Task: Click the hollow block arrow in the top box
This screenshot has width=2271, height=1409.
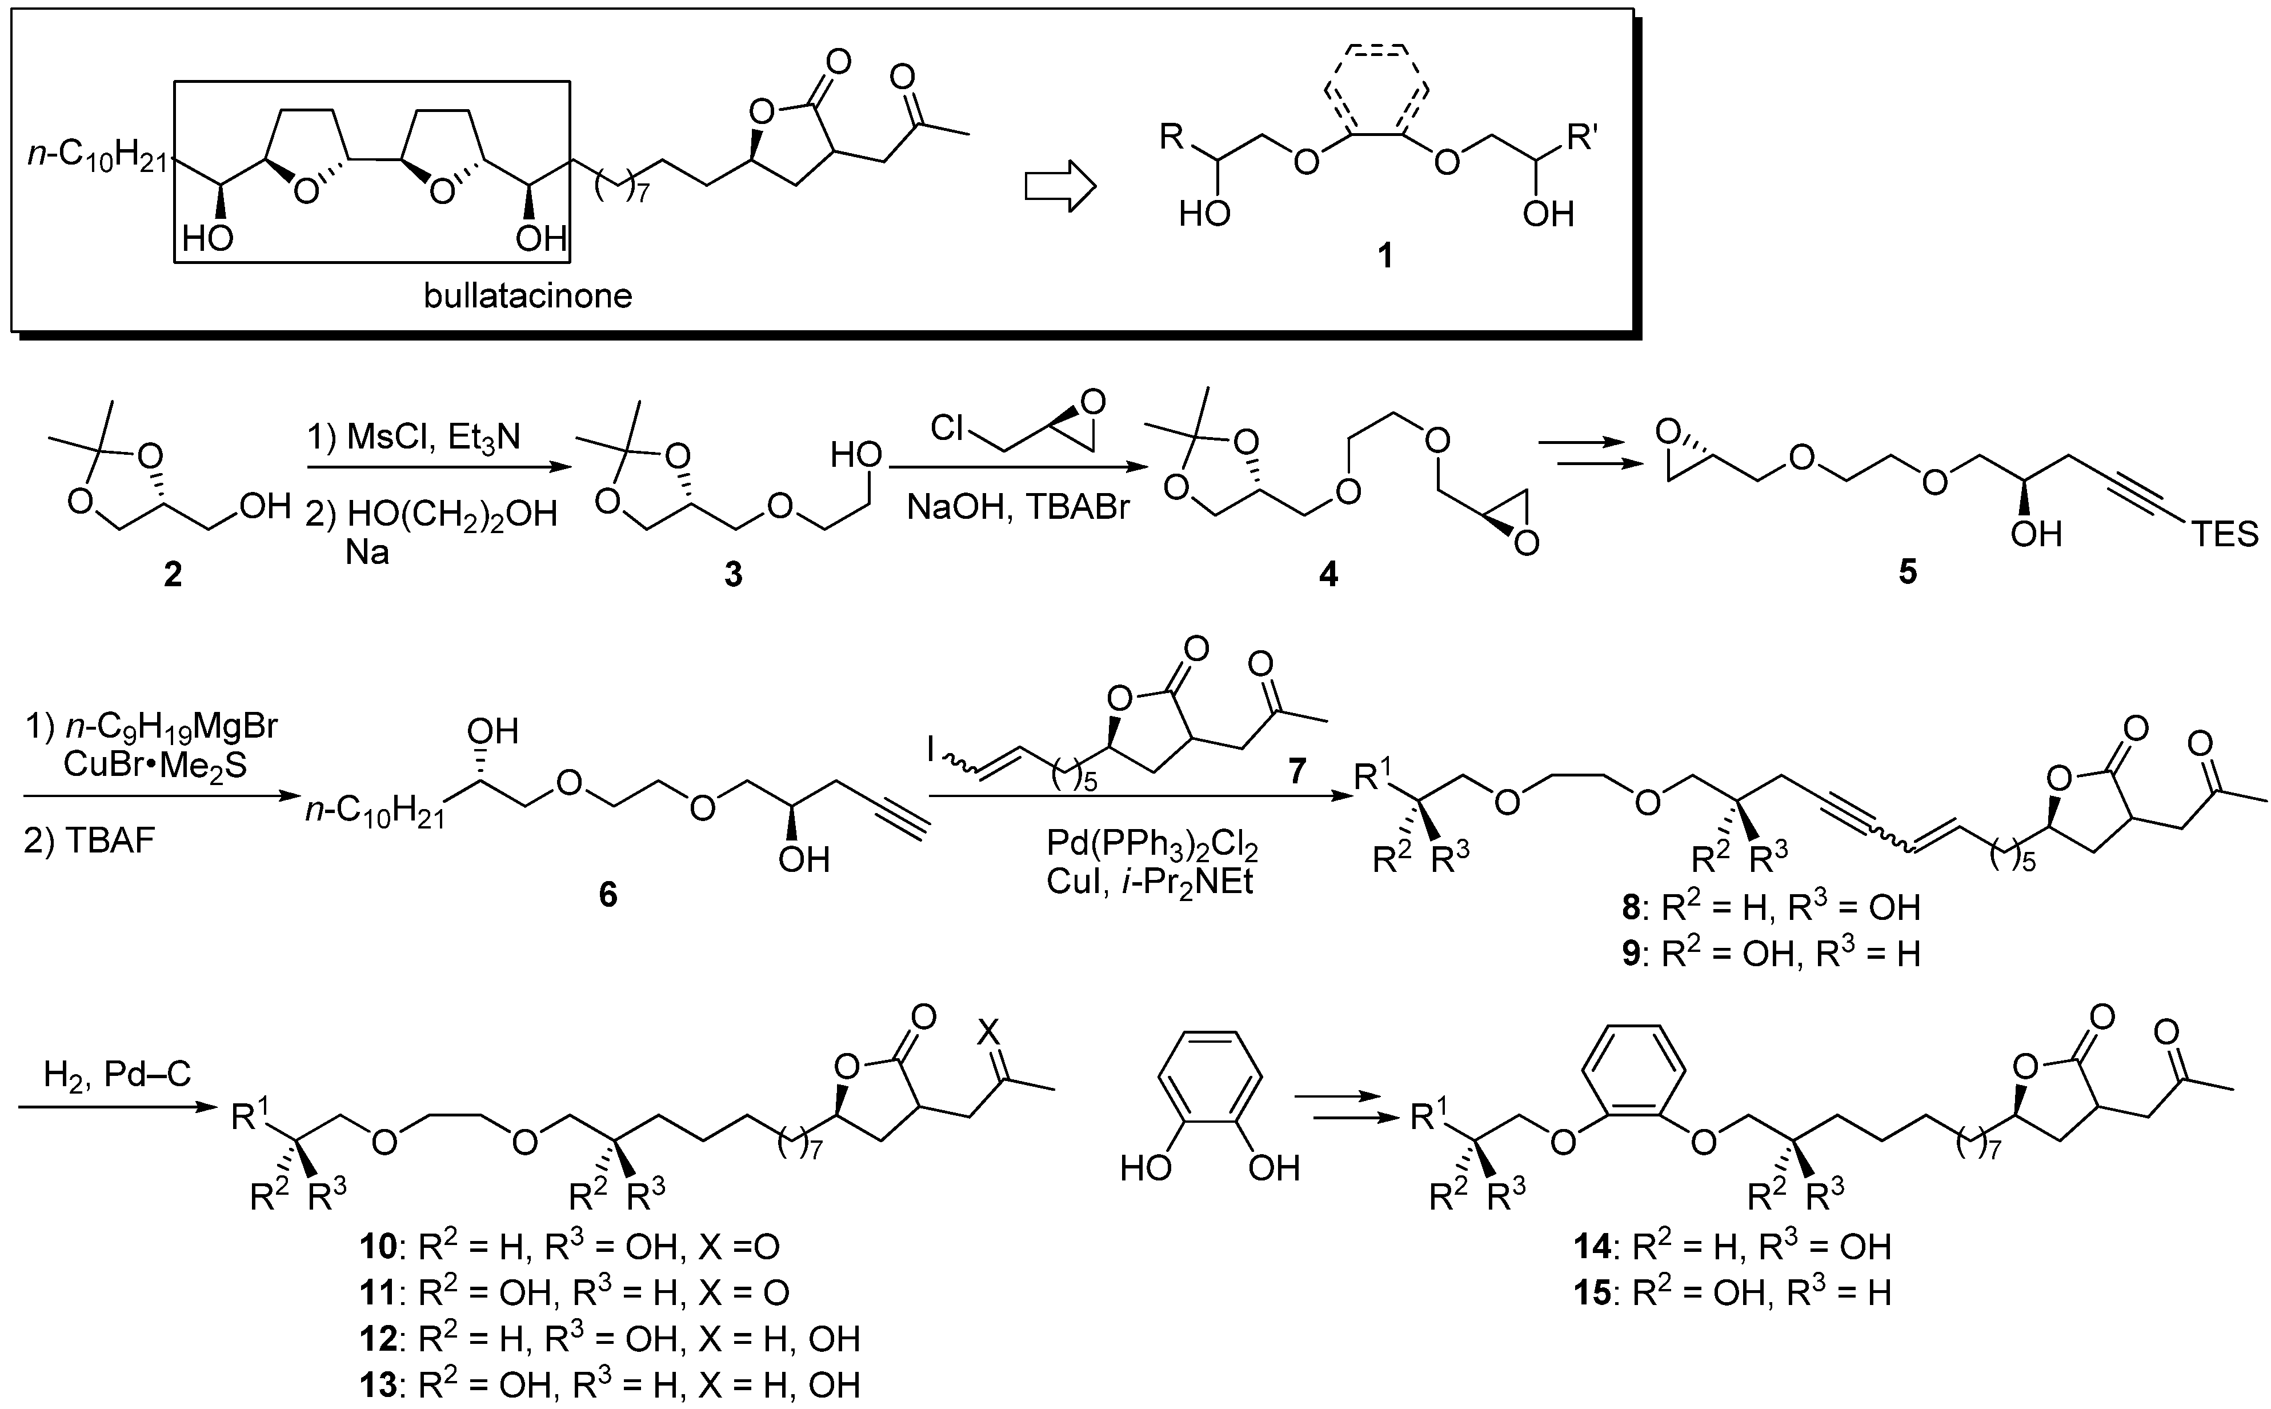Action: (x=1059, y=186)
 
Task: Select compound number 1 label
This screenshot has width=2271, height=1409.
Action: (x=1385, y=254)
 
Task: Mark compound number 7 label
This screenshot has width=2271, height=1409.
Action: (x=1297, y=770)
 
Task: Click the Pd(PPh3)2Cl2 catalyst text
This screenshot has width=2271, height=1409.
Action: (x=1152, y=844)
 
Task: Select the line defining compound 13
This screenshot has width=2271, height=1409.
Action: (x=610, y=1384)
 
